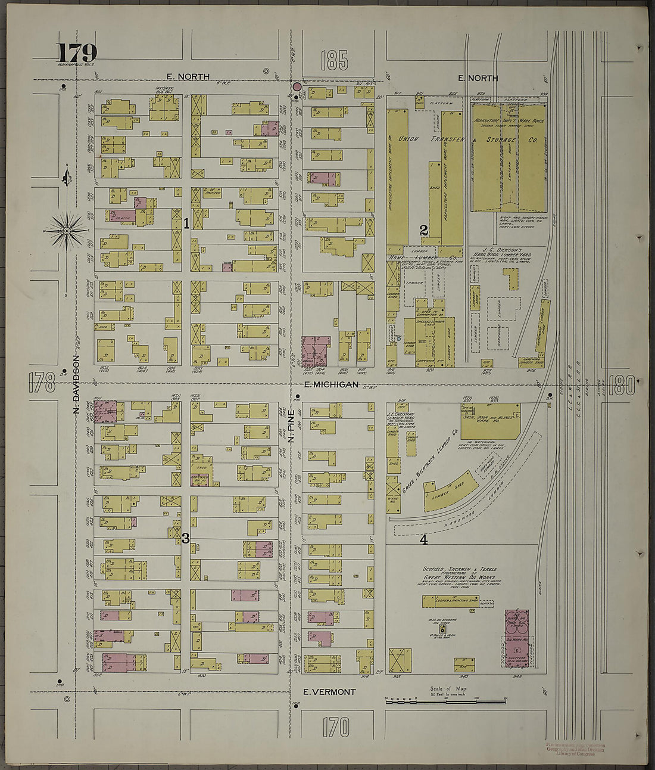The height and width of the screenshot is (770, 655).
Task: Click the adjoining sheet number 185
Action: tap(335, 61)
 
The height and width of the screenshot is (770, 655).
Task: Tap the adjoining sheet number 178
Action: tap(42, 381)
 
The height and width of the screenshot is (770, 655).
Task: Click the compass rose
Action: tap(67, 230)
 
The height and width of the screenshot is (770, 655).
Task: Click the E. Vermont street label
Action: tap(329, 692)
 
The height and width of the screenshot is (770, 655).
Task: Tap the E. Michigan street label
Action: tap(331, 384)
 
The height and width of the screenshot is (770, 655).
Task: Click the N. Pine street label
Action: tap(292, 429)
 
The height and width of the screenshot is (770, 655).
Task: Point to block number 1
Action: tap(186, 223)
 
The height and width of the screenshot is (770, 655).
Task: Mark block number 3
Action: tap(186, 538)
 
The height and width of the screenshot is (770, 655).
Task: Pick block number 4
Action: tap(424, 540)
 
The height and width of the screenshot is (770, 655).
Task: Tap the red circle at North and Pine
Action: tap(297, 87)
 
